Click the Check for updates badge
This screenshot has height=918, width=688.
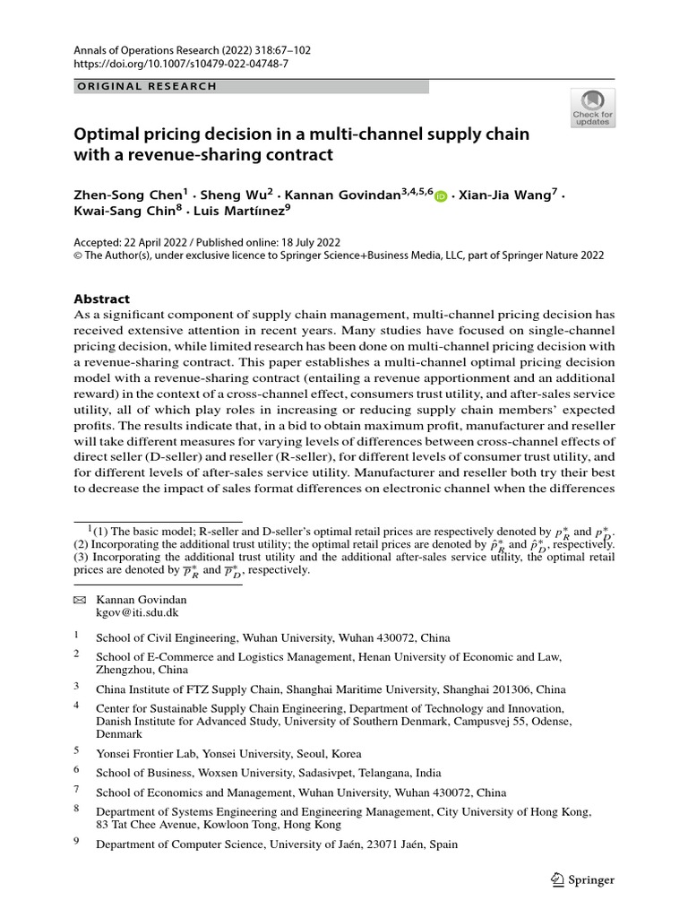592,108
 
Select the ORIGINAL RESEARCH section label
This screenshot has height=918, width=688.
148,87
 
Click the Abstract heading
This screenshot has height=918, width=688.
100,299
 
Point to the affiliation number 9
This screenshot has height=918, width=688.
76,843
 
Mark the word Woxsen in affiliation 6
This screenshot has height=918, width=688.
206,773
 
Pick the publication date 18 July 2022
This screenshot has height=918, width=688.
309,242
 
